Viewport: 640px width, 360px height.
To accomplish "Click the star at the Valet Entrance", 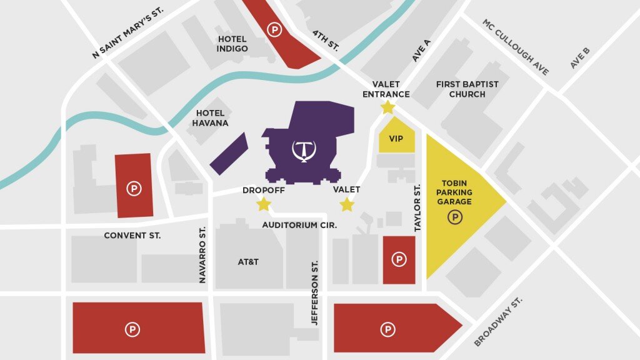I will point(387,107).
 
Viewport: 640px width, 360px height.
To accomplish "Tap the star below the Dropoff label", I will point(264,204).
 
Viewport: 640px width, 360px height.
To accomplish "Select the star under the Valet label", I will point(346,204).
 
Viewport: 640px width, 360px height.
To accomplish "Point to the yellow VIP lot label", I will point(396,139).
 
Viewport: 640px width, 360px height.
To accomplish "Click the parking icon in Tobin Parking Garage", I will point(456,217).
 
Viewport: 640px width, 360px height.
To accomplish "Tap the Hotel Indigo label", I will point(232,44).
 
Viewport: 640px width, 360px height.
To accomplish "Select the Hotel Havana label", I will point(211,118).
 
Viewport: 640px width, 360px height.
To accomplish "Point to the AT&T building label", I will point(248,262).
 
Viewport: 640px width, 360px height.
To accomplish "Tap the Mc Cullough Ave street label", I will point(516,47).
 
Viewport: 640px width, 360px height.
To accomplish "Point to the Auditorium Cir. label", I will point(299,225).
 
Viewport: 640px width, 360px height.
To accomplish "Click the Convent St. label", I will point(132,236).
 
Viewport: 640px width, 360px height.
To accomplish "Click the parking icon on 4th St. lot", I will point(273,29).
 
